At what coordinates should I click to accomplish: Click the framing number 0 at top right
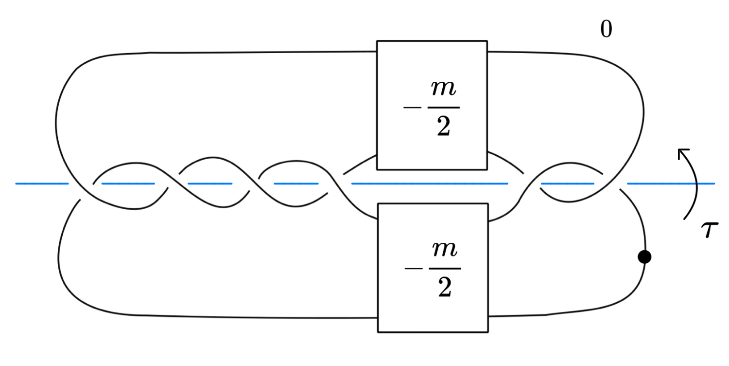point(606,30)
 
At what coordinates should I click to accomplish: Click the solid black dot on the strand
point(644,257)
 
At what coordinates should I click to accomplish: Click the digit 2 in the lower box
point(445,289)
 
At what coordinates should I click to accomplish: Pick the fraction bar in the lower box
point(445,269)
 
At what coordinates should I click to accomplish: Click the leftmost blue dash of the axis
point(42,183)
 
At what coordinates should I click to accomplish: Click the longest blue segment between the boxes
point(430,183)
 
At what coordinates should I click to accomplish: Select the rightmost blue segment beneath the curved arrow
point(671,183)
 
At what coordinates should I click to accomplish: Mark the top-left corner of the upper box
point(377,41)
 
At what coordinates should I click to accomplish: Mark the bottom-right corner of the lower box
point(487,332)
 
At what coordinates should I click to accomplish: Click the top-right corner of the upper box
point(487,41)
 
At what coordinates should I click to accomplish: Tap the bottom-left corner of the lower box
point(378,332)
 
